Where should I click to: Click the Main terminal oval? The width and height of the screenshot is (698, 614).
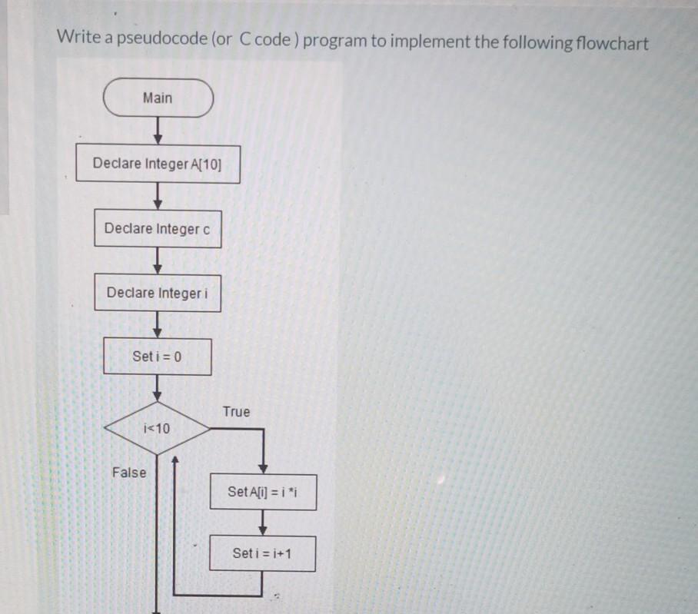[x=158, y=98]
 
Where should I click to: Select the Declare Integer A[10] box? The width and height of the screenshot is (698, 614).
[x=158, y=164]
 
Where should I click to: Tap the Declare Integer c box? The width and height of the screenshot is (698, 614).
[x=158, y=229]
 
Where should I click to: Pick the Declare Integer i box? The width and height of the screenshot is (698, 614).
[x=158, y=293]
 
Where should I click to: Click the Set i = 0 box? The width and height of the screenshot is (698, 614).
[x=158, y=357]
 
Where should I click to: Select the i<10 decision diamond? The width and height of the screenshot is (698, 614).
[x=157, y=428]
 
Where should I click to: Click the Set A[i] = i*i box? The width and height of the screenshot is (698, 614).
[x=262, y=492]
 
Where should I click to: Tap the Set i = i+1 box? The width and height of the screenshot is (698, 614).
[x=262, y=553]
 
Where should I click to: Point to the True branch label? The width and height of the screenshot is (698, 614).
[x=236, y=412]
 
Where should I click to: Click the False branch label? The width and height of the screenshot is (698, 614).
[x=128, y=472]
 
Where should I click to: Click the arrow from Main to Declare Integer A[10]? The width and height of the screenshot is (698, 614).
[x=158, y=131]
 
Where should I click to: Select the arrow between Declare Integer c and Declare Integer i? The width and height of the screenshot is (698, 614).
[x=158, y=261]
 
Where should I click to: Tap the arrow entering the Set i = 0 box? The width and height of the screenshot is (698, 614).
[x=158, y=325]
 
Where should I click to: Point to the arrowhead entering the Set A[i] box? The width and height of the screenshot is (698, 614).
[x=263, y=468]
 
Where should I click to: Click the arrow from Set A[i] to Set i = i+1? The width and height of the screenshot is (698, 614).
[x=263, y=523]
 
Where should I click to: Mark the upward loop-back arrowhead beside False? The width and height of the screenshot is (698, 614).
[x=175, y=461]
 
